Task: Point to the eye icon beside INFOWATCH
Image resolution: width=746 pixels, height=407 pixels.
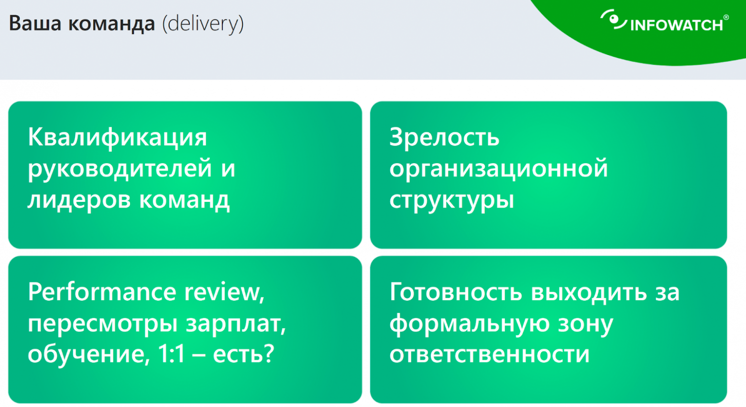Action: coord(613,20)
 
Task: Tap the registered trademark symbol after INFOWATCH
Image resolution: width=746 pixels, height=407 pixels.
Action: coord(726,18)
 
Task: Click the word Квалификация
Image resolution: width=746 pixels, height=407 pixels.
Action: coord(117,137)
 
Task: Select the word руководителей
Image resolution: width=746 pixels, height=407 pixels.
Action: coord(120,168)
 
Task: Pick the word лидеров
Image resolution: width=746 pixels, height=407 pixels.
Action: coord(79,199)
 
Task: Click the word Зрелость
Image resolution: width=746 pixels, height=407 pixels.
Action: coord(444,137)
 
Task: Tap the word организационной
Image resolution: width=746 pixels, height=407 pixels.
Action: coord(498,168)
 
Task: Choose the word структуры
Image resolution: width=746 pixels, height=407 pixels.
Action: coord(451,200)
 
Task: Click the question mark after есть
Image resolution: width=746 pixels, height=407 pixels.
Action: coord(269,354)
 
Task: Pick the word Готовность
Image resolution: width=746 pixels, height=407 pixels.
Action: coord(455,292)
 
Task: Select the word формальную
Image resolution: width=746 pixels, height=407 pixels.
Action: coord(469,324)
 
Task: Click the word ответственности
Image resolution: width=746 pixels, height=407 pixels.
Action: coord(489,354)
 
